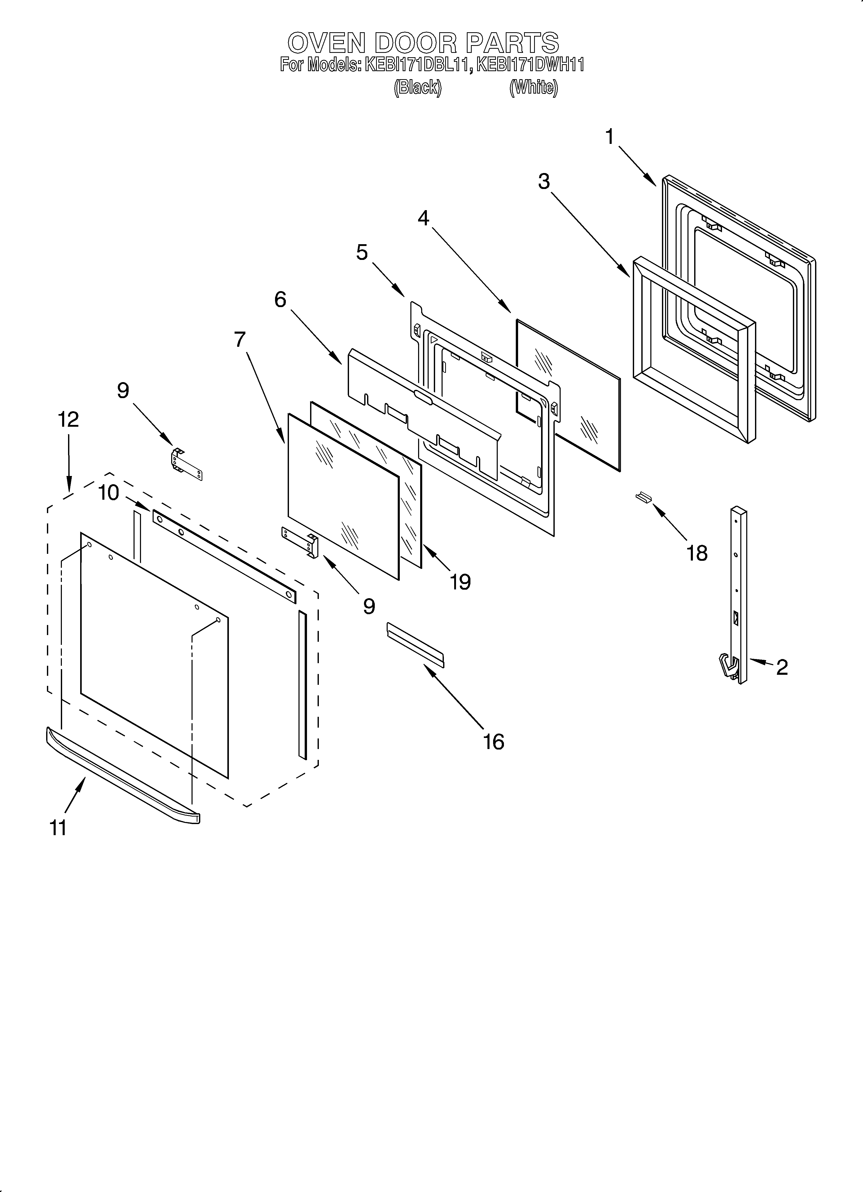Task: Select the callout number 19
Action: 460,582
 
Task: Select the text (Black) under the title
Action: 418,87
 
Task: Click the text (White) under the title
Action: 534,87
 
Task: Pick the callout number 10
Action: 109,493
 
